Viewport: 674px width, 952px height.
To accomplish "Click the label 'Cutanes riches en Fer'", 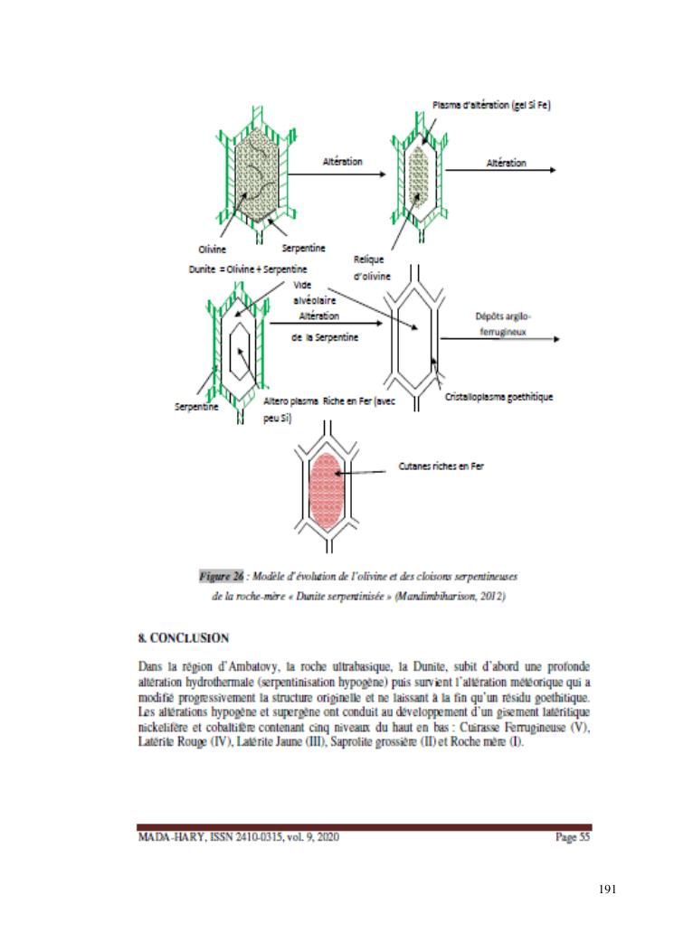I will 441,467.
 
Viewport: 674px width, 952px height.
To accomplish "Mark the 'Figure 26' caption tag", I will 222,573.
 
